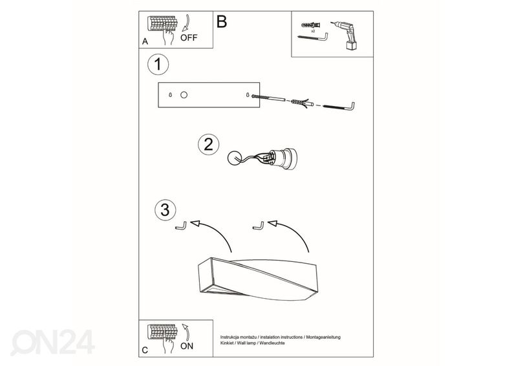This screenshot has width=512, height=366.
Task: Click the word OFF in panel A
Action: [189, 38]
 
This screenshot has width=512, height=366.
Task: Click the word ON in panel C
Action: [187, 346]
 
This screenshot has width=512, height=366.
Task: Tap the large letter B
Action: [221, 21]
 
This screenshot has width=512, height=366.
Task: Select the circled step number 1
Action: [158, 65]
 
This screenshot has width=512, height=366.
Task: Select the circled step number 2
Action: [208, 144]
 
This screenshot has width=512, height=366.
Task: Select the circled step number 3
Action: [165, 210]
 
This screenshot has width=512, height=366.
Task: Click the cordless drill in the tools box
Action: [345, 36]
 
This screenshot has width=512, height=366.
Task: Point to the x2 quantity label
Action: [313, 31]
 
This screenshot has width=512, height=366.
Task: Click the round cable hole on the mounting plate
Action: [184, 95]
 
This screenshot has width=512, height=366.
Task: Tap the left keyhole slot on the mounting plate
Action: [170, 95]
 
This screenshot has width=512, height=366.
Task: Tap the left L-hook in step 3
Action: [181, 225]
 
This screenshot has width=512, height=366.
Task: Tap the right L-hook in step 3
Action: [259, 225]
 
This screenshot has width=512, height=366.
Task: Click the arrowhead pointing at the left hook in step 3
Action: [195, 223]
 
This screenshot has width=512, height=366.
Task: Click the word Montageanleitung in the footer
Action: [323, 337]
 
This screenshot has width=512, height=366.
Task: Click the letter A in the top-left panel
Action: [145, 41]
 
